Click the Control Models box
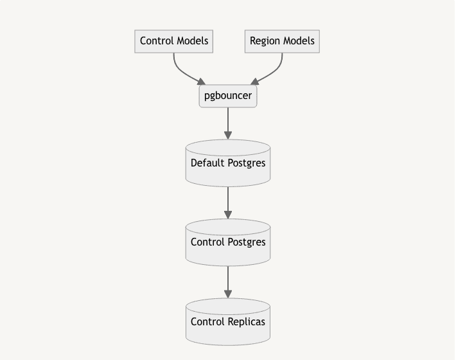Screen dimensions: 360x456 [174, 41]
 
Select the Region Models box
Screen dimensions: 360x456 [282, 41]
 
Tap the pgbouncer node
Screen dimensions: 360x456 [228, 96]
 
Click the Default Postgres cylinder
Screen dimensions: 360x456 [228, 163]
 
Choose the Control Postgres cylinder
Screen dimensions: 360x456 [228, 242]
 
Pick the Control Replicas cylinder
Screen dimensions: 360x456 [228, 321]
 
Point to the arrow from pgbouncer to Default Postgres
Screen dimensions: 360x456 [228, 122]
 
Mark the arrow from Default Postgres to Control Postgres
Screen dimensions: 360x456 [228, 202]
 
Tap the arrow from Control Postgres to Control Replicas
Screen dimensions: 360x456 [228, 281]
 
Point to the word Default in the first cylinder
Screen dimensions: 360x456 [207, 163]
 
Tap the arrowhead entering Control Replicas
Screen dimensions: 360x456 [228, 294]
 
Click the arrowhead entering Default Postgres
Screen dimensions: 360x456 [228, 135]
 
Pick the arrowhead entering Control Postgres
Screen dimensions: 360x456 [228, 215]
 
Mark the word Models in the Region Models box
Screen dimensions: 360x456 [299, 41]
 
